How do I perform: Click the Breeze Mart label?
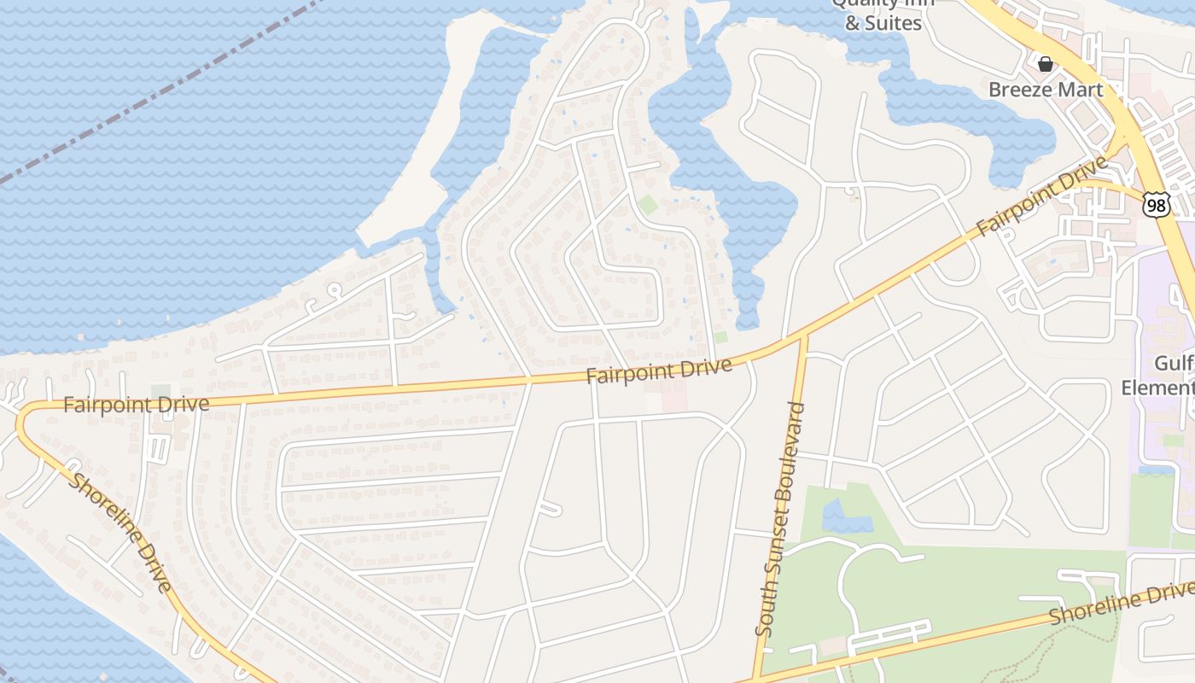(1046, 90)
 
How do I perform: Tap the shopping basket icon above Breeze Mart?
(1045, 64)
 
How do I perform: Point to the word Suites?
(891, 23)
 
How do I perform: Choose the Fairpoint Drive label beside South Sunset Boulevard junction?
(659, 371)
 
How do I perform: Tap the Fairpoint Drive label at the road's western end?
(137, 404)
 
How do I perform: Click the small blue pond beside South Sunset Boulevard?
(841, 517)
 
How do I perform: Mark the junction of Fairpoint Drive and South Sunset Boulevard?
(803, 336)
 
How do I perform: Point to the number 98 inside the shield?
(1157, 205)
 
